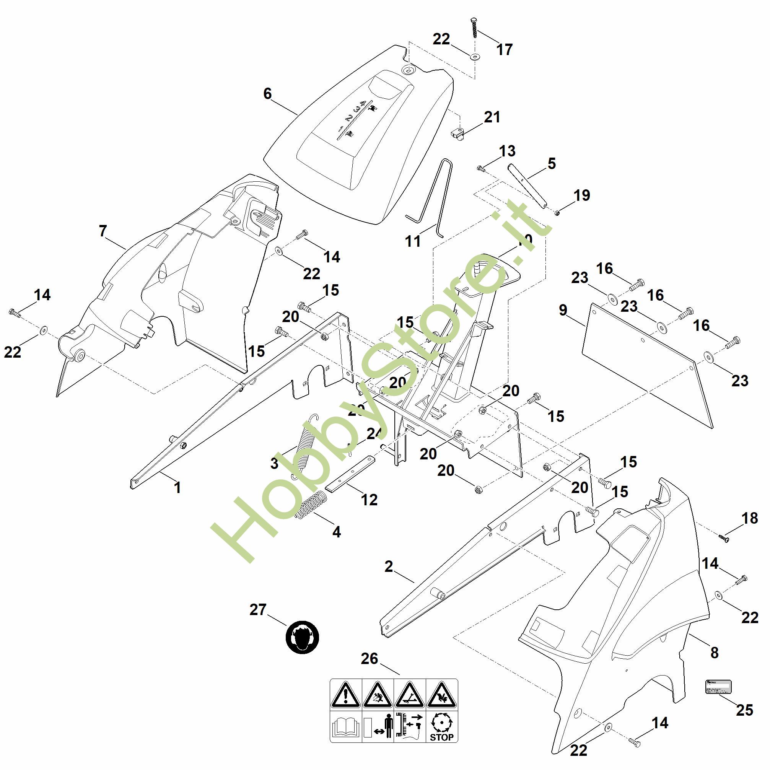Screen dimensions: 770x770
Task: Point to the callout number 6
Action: [267, 94]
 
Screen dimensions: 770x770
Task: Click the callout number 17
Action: [504, 50]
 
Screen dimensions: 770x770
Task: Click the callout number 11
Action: [413, 241]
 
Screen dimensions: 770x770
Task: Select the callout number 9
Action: [563, 310]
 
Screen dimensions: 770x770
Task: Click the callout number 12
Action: [369, 500]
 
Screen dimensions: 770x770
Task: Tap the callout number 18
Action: [750, 518]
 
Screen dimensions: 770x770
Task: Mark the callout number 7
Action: [103, 231]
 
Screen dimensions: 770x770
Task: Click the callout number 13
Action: [507, 151]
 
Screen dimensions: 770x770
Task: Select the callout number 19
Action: [582, 195]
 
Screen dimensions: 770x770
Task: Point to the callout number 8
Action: [715, 653]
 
